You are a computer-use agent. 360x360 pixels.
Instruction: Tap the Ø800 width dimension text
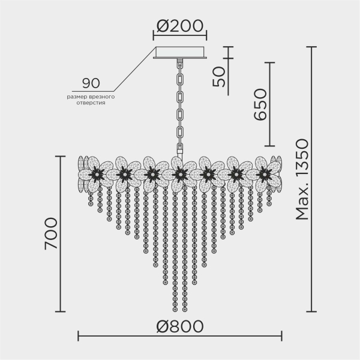[x=180, y=327]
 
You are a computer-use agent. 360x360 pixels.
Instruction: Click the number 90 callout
[x=91, y=83]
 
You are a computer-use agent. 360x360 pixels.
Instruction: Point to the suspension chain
[x=180, y=102]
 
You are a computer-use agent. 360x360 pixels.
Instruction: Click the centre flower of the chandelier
[x=179, y=174]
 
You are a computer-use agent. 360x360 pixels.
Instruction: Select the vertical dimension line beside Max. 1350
[x=311, y=180]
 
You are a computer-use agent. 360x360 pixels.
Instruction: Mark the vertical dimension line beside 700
[x=59, y=234]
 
